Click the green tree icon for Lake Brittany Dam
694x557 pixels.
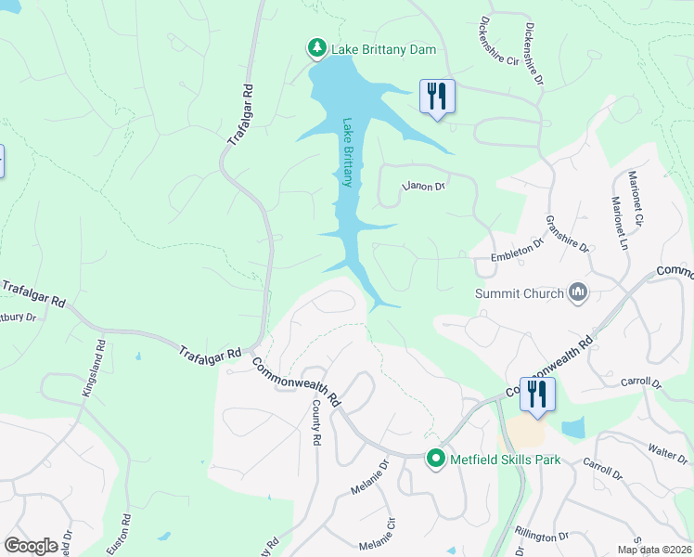coord(316,47)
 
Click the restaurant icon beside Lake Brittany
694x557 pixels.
coord(437,97)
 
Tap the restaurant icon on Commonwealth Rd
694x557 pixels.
coord(537,394)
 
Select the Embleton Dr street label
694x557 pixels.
coord(516,251)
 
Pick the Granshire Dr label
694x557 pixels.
coord(567,234)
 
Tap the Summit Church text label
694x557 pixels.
coord(519,294)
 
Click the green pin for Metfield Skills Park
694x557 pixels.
coord(436,459)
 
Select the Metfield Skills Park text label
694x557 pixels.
coord(505,460)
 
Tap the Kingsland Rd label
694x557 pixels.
coord(94,369)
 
